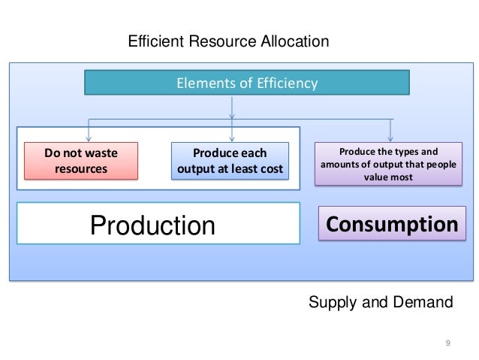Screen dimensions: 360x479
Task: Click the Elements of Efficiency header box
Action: [246, 83]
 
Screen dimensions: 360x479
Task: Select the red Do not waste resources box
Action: [81, 161]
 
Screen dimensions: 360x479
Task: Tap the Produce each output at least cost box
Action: [230, 161]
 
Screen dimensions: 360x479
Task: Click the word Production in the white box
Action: [152, 224]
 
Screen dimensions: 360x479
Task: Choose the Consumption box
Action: [391, 223]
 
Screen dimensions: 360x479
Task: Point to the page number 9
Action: [448, 343]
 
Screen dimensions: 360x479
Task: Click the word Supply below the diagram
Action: [332, 303]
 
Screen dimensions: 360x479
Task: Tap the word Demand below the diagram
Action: [425, 303]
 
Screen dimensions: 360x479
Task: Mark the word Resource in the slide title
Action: [222, 41]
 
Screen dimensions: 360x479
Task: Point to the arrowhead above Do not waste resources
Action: [89, 137]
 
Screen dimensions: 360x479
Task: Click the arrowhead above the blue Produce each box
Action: [232, 137]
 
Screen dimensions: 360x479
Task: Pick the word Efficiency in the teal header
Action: [289, 83]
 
